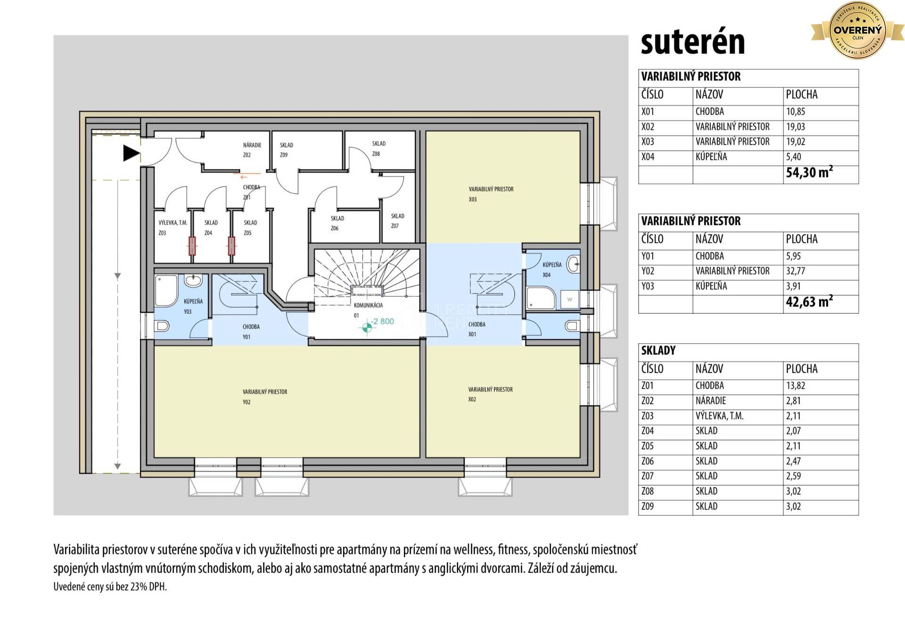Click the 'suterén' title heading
(x=692, y=43)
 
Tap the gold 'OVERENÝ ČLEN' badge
(x=857, y=30)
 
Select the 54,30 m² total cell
(x=809, y=172)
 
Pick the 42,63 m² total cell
(x=809, y=302)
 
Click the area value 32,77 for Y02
(x=796, y=271)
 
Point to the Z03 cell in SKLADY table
(x=648, y=416)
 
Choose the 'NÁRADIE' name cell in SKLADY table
(x=711, y=400)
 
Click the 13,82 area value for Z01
(x=796, y=385)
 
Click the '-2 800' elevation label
(x=382, y=321)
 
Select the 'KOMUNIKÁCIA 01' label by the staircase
(x=368, y=310)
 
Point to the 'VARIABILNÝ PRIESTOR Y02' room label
(x=264, y=396)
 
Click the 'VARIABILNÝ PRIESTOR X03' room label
(x=491, y=194)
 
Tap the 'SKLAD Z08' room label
(x=378, y=148)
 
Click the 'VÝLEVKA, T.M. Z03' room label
(x=173, y=227)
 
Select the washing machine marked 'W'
(x=569, y=299)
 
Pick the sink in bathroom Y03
(x=192, y=281)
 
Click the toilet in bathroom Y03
(x=163, y=326)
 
